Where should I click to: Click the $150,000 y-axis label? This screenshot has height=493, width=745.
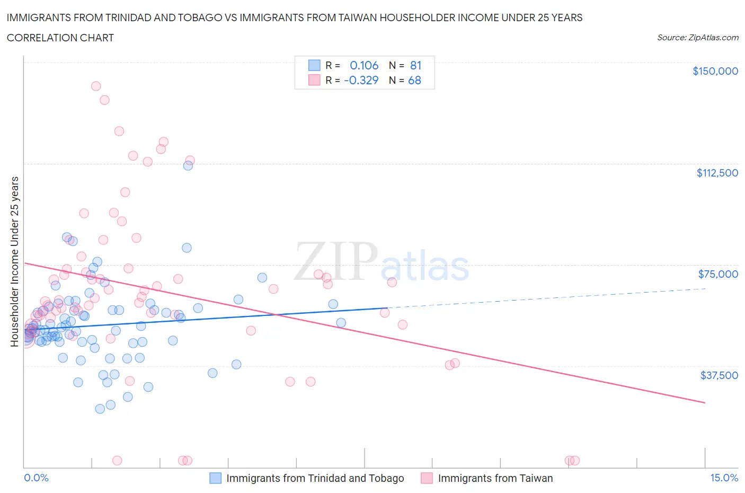pyautogui.click(x=715, y=71)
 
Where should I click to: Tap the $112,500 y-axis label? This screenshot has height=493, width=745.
pyautogui.click(x=717, y=173)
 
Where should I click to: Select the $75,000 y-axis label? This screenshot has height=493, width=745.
pyautogui.click(x=718, y=274)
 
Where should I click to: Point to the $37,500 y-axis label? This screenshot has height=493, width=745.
pyautogui.click(x=719, y=375)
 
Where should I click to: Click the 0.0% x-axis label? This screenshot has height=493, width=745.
pyautogui.click(x=36, y=478)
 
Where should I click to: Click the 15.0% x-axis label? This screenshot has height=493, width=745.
pyautogui.click(x=724, y=478)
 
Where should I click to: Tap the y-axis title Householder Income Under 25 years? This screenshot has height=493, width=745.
pyautogui.click(x=14, y=261)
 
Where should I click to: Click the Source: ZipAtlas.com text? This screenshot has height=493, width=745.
pyautogui.click(x=697, y=38)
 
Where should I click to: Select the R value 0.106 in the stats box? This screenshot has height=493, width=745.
pyautogui.click(x=364, y=65)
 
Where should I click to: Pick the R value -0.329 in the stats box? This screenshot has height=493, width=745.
pyautogui.click(x=361, y=80)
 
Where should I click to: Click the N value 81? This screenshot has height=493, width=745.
pyautogui.click(x=415, y=65)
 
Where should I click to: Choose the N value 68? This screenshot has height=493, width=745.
pyautogui.click(x=414, y=80)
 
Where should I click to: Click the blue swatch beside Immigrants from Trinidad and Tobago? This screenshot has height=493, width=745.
pyautogui.click(x=215, y=478)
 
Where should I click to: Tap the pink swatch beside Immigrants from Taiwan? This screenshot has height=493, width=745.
pyautogui.click(x=427, y=478)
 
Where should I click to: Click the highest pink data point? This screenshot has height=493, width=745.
pyautogui.click(x=96, y=86)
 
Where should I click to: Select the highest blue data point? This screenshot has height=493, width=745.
pyautogui.click(x=188, y=165)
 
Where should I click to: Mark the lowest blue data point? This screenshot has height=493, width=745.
pyautogui.click(x=100, y=409)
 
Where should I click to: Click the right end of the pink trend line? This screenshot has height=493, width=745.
pyautogui.click(x=705, y=403)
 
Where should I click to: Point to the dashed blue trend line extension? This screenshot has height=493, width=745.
pyautogui.click(x=546, y=298)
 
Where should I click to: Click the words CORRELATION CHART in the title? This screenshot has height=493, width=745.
pyautogui.click(x=60, y=38)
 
